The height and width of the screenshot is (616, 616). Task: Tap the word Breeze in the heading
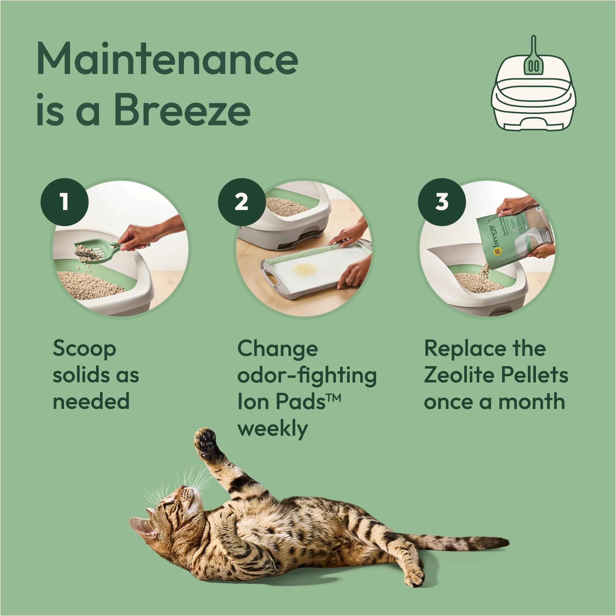click(182, 110)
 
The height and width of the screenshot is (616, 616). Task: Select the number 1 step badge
click(65, 202)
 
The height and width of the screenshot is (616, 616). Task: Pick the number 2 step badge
click(242, 202)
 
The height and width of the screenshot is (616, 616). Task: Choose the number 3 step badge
click(442, 202)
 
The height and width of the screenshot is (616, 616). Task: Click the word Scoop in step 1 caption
click(84, 349)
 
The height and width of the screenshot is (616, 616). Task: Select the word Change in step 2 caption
click(277, 349)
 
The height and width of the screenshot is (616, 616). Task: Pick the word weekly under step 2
click(273, 429)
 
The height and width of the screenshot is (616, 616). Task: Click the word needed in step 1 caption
click(91, 402)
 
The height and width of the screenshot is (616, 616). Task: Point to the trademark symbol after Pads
click(334, 398)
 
